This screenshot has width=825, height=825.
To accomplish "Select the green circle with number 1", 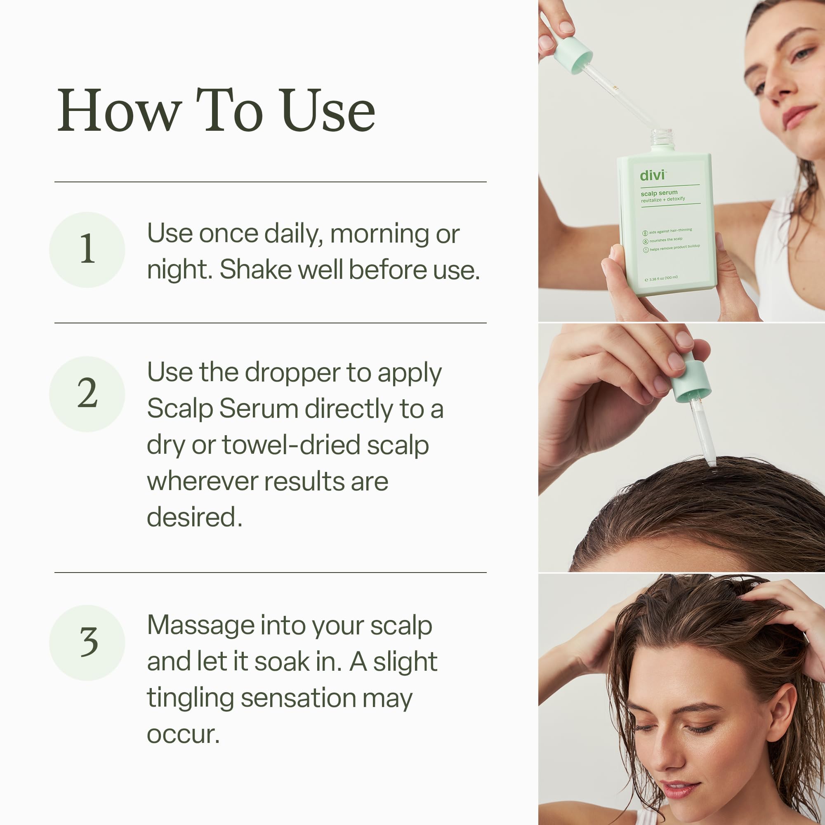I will coord(87,250).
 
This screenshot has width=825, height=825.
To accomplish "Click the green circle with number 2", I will coord(87,394).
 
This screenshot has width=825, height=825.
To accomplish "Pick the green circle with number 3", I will coord(87,642).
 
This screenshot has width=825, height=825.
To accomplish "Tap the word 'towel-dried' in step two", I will coord(290,445).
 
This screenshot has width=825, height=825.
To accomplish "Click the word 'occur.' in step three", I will coord(183,735).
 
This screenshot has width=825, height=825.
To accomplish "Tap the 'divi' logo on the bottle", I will coord(652,175).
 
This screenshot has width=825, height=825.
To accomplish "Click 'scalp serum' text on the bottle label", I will coord(659,193).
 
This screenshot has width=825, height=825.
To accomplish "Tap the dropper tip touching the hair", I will coord(711,462).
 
